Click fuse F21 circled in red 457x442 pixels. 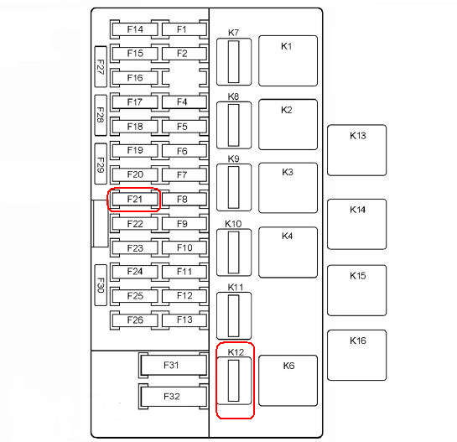(x=134, y=200)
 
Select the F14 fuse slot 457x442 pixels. (x=134, y=29)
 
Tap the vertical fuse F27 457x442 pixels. (x=101, y=66)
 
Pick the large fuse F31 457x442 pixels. (x=174, y=365)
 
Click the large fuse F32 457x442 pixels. (x=174, y=397)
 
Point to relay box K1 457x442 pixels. (x=288, y=61)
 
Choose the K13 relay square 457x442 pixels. (x=356, y=150)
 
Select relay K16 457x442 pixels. (x=356, y=355)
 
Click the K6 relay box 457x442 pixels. (x=288, y=381)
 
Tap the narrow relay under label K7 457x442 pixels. (x=234, y=62)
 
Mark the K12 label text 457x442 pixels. (x=236, y=352)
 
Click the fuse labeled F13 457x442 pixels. (x=184, y=320)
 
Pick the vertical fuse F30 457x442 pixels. (x=101, y=285)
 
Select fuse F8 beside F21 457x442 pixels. (x=184, y=200)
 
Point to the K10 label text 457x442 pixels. (x=233, y=224)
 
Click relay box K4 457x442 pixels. (x=288, y=252)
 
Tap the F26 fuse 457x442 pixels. (x=134, y=320)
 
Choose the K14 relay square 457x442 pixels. (x=356, y=224)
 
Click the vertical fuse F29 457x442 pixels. (x=101, y=164)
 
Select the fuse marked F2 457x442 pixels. (x=184, y=54)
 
